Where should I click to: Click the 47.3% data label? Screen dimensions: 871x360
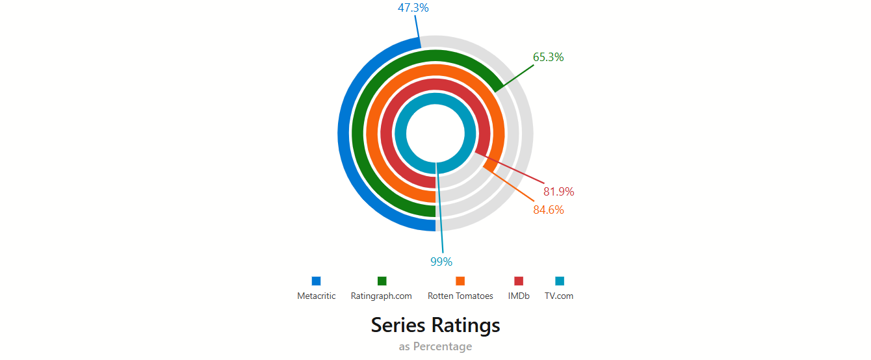(x=413, y=8)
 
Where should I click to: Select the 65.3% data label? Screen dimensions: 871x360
(x=548, y=57)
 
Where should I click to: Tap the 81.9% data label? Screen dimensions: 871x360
(x=559, y=192)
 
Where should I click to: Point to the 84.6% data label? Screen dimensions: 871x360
(x=548, y=210)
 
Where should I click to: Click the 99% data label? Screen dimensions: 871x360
(x=441, y=262)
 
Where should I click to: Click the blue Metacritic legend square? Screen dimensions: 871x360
(x=316, y=281)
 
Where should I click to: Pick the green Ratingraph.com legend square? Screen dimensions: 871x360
(x=382, y=281)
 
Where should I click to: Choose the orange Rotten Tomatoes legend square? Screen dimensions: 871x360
(x=460, y=281)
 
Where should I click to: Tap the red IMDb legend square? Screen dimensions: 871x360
(x=519, y=281)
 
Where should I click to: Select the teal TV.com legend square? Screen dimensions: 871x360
(x=560, y=281)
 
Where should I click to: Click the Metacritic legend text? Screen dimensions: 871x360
(x=316, y=296)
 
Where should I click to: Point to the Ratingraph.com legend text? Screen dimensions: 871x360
(x=381, y=296)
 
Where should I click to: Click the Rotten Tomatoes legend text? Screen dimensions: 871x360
(x=460, y=296)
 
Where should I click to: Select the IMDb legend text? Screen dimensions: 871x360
(x=519, y=296)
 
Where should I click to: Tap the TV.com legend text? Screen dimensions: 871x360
(x=559, y=296)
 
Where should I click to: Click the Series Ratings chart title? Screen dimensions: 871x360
(x=435, y=325)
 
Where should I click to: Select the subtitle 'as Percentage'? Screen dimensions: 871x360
(x=435, y=346)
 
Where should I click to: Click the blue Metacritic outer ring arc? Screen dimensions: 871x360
(x=344, y=133)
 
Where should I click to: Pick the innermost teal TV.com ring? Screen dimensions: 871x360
(x=400, y=133)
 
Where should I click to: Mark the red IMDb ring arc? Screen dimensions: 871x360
(x=387, y=133)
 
